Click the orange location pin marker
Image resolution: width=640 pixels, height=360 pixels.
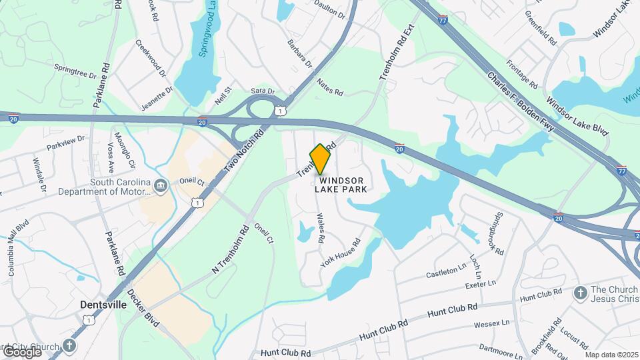[321, 159]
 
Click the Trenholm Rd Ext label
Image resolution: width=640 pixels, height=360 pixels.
[397, 53]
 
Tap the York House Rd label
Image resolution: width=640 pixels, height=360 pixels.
[340, 253]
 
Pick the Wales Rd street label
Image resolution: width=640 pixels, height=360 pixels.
[321, 227]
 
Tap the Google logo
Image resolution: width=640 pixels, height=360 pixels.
[22, 351]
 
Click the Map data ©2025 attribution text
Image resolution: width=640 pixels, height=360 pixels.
[611, 355]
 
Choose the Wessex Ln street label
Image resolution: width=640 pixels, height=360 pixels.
[491, 324]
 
